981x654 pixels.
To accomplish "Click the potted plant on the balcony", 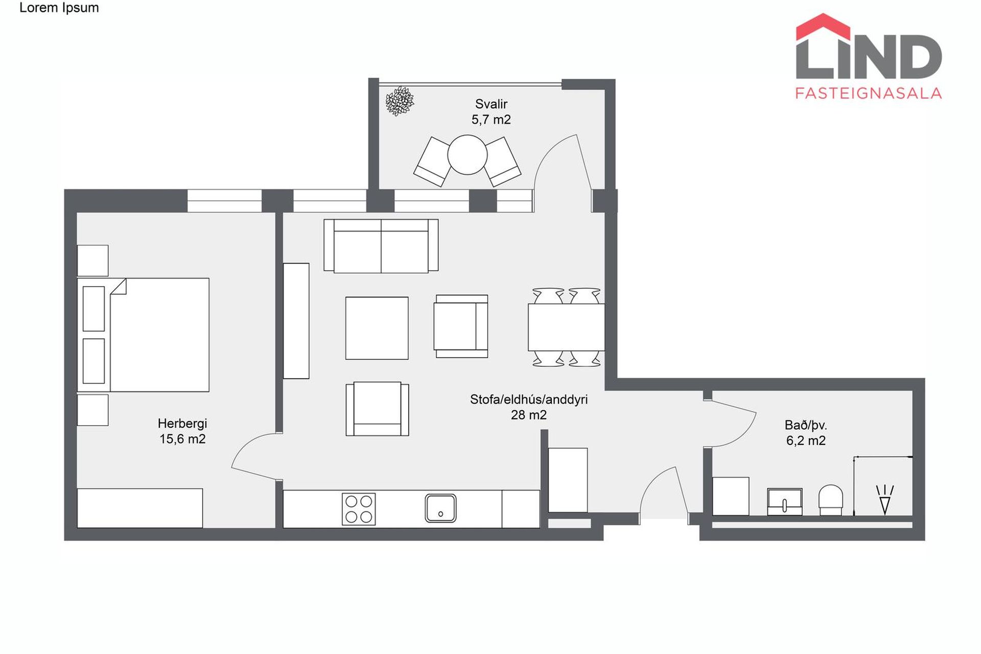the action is coord(400,101).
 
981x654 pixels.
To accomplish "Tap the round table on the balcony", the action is coord(468,154).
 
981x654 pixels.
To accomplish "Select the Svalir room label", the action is coord(491,104).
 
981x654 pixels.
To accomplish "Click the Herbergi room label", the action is coord(182,424).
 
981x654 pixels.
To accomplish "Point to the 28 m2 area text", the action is coord(529,415).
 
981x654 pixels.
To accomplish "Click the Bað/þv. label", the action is coord(806,425).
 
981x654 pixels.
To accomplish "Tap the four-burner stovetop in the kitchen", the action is coord(359,509).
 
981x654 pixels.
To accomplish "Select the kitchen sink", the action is coord(440,508).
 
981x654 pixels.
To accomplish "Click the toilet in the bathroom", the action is coord(831,500).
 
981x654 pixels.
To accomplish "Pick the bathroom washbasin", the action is coord(785,501).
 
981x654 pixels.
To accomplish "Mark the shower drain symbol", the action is coord(885,499).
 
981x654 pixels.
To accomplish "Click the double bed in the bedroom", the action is coord(143,335).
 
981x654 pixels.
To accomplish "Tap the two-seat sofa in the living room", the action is coord(381,246).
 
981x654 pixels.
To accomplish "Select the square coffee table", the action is coord(377,328).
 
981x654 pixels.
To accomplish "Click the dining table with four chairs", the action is coord(566,328).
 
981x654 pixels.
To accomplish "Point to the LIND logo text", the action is coord(869,56).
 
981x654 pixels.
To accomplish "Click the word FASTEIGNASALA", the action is coord(869,93).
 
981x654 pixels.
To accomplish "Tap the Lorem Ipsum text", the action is coord(59,8).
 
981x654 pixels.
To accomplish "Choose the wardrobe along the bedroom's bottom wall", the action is coord(140,508).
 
